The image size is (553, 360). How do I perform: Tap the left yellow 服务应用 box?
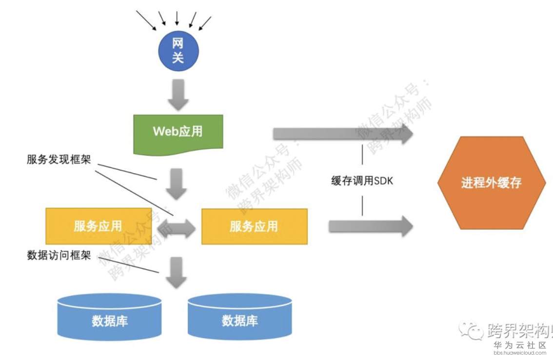[x=98, y=226]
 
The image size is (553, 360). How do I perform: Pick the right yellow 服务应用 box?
[x=254, y=226]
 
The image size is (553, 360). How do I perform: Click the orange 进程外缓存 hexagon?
[x=491, y=183]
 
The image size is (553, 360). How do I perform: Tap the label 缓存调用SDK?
[x=362, y=181]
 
